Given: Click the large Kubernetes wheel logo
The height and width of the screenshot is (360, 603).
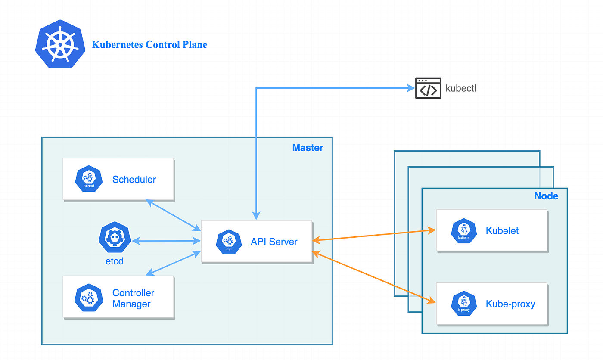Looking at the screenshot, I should click(59, 44).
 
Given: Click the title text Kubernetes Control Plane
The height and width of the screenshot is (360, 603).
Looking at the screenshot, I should click(149, 45).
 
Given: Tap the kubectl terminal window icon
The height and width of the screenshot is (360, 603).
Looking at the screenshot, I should click(428, 88).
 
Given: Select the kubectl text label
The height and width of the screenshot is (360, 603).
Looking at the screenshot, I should click(461, 89).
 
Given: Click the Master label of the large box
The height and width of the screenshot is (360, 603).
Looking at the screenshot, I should click(308, 148).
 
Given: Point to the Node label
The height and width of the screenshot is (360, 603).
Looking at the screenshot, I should click(546, 196).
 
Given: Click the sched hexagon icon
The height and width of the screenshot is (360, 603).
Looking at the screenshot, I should click(89, 179).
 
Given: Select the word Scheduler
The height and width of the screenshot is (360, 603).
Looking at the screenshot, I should click(134, 180).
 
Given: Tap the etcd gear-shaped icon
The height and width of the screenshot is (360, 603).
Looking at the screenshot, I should click(115, 238).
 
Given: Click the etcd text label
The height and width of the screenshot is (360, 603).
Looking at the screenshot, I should click(115, 261).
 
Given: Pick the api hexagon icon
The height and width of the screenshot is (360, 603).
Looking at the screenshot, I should click(229, 242).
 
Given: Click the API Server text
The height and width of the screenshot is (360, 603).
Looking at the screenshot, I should click(274, 242).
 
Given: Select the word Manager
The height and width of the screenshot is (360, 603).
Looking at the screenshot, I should click(131, 304).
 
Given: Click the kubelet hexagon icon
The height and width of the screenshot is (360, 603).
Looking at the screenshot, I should click(463, 231).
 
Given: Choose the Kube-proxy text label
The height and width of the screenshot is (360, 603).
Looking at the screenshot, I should click(510, 304).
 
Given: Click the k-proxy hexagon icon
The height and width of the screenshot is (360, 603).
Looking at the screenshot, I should click(463, 304).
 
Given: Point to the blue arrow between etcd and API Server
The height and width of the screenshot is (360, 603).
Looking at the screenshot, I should click(166, 241).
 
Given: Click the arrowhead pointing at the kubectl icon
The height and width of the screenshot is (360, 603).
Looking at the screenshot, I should click(410, 88).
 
